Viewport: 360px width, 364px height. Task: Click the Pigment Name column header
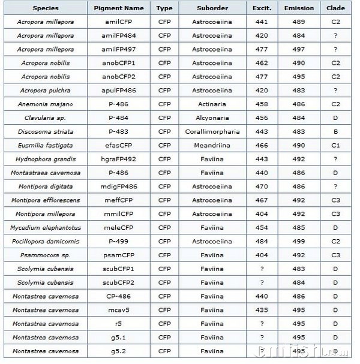119,8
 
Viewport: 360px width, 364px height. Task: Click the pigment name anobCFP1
119,63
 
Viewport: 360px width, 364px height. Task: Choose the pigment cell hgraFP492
119,159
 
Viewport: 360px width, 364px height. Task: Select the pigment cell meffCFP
119,200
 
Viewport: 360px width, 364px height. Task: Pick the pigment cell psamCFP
119,255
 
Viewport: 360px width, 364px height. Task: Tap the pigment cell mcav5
119,310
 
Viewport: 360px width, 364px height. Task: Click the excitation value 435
262,310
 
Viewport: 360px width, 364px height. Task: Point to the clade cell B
335,132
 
